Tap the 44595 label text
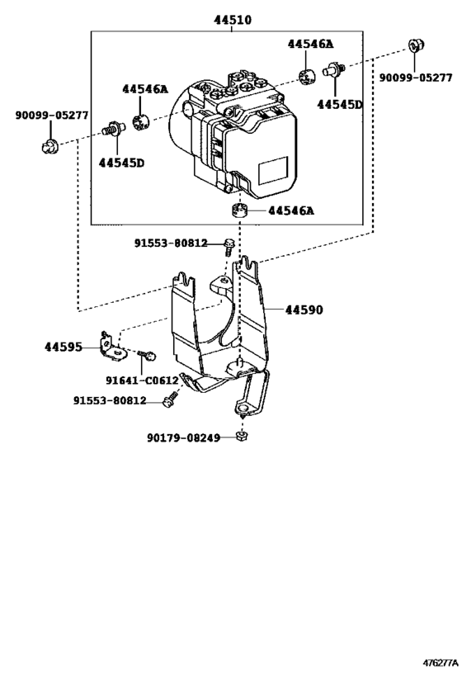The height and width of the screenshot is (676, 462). [63, 347]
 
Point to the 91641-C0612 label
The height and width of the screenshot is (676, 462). [142, 380]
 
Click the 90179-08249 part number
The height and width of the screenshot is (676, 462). [184, 437]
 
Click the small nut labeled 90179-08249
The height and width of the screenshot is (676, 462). [241, 436]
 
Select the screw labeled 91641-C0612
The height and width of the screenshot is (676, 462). [148, 356]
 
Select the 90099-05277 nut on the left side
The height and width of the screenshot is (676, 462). [49, 148]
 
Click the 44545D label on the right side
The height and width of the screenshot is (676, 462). [339, 105]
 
